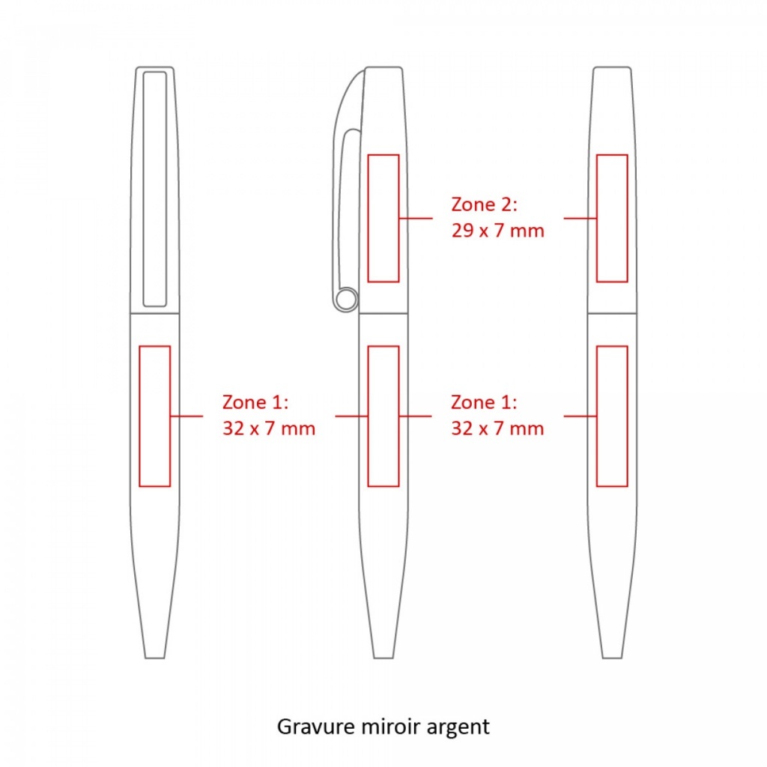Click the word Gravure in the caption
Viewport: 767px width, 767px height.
pos(316,727)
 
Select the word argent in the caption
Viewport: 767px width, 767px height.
pos(458,728)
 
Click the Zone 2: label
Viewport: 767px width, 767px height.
pos(484,204)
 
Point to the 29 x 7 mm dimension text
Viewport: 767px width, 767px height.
pos(497,231)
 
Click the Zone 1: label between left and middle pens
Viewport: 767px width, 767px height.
pos(255,402)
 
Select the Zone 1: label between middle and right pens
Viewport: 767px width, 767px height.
pos(484,402)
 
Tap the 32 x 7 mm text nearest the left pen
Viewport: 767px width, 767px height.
pos(269,428)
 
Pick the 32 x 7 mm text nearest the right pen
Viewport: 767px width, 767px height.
pos(497,428)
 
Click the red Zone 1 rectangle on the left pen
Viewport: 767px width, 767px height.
pos(139,416)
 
